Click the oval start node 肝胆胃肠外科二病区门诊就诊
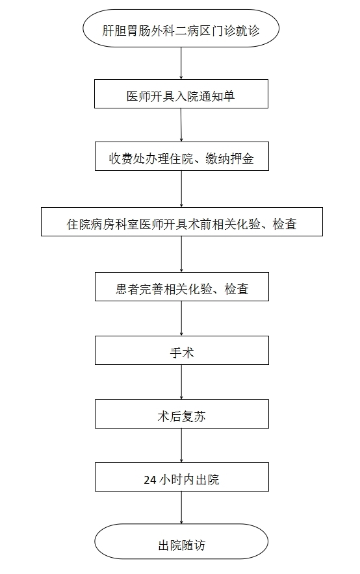tap(181, 28)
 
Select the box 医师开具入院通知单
tap(181, 94)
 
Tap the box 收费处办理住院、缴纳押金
tap(182, 156)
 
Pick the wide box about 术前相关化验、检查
tap(182, 222)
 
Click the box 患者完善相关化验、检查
tap(182, 286)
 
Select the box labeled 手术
tap(182, 351)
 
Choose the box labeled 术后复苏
tap(182, 414)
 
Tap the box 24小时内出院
tap(182, 477)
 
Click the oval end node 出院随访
tap(181, 542)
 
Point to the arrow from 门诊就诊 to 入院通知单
tap(181, 64)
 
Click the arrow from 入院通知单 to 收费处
tap(181, 125)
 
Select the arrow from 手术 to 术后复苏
tap(182, 382)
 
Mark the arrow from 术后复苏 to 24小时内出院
tap(182, 445)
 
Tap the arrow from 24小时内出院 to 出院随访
tap(182, 508)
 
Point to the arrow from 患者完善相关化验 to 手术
tap(182, 318)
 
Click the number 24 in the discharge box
tap(150, 480)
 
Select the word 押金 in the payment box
tap(242, 159)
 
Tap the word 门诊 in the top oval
tap(223, 31)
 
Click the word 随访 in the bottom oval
tap(194, 545)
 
